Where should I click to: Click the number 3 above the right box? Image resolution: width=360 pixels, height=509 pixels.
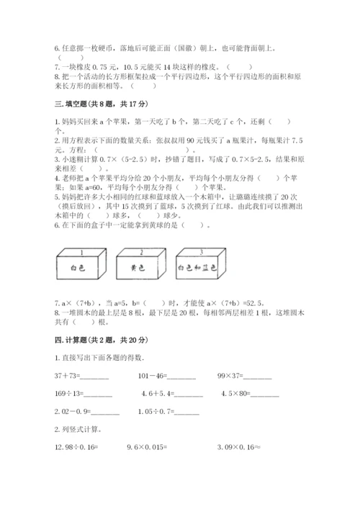[200, 253]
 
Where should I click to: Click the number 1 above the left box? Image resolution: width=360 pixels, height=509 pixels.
[81, 253]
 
